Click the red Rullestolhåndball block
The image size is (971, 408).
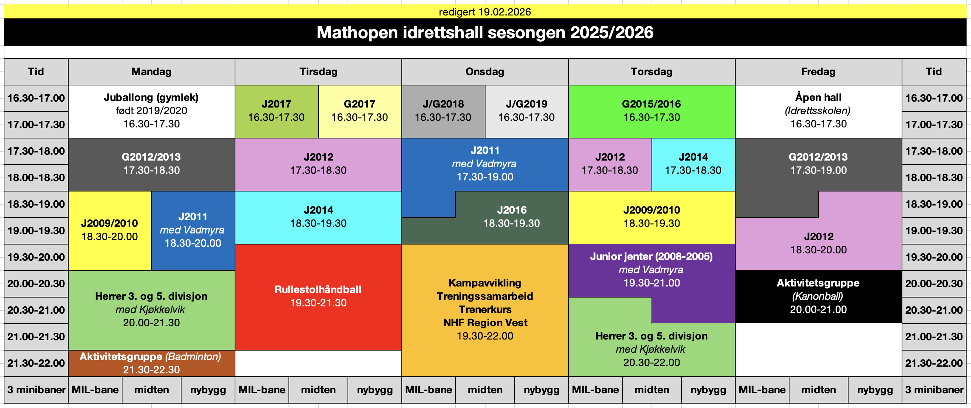pos(318,296)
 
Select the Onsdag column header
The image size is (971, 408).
pos(485,71)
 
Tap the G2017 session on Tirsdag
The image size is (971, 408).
pos(360,111)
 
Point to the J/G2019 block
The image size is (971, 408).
pos(526,111)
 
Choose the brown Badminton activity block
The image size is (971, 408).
pos(152,363)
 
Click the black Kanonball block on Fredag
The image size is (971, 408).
pos(818,296)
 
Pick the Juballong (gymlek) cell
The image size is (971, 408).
pos(152,111)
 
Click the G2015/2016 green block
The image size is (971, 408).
pos(652,111)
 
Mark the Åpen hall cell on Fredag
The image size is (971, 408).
pos(818,111)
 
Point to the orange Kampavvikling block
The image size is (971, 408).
pos(485,310)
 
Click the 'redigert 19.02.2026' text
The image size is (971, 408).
pos(485,12)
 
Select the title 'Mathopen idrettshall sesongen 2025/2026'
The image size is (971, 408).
pos(485,32)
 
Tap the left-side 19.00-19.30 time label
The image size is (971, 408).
pos(36,231)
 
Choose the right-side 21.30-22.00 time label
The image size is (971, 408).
pos(934,363)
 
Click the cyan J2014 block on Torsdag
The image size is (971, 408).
pos(693,164)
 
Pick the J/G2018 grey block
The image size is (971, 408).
pos(443,111)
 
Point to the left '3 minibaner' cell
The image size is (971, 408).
pos(36,390)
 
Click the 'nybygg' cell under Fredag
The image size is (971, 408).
pos(875,390)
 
